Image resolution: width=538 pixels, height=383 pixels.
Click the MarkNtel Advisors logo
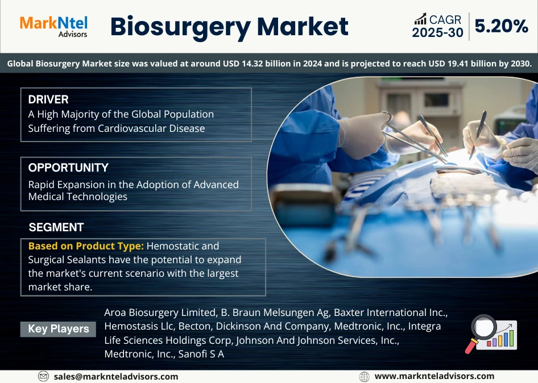[53, 26]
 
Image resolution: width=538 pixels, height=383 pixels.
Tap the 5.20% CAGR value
[502, 26]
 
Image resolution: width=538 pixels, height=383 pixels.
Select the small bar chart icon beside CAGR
[421, 19]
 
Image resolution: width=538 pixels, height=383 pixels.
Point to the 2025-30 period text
[437, 33]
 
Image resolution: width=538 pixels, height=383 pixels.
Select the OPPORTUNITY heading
[68, 168]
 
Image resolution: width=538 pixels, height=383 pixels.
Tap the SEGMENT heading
[56, 227]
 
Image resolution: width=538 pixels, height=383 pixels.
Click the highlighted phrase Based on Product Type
[86, 246]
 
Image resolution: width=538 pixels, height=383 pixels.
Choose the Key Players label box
[59, 329]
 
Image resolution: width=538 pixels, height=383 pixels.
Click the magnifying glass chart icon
[493, 334]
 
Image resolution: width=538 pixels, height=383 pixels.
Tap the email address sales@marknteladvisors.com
[116, 376]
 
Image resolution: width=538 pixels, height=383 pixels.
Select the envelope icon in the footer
[44, 376]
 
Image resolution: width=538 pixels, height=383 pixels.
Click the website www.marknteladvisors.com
[434, 376]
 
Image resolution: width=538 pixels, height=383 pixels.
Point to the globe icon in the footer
[365, 376]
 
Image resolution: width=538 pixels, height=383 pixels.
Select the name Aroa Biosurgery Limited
[158, 313]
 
